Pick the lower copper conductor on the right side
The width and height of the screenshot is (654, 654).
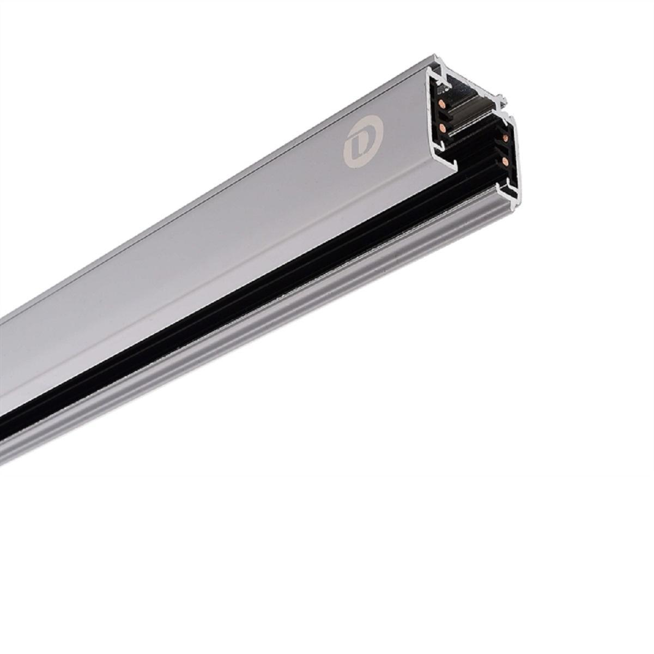click(x=506, y=161)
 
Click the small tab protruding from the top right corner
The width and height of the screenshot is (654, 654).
click(x=506, y=101)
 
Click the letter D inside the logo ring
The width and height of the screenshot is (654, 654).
click(x=361, y=143)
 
